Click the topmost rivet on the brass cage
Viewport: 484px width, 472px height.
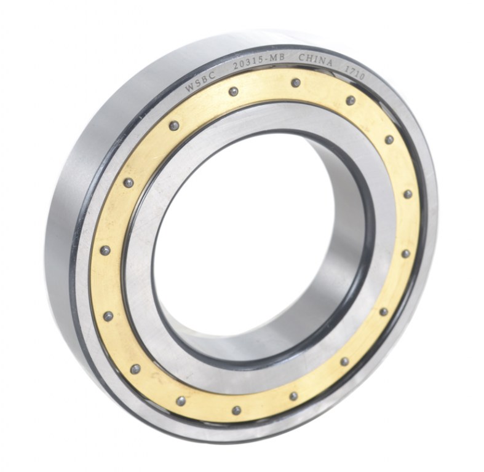[296, 82]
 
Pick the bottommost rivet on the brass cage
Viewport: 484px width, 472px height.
[236, 411]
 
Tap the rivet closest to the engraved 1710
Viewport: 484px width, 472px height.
[351, 100]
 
